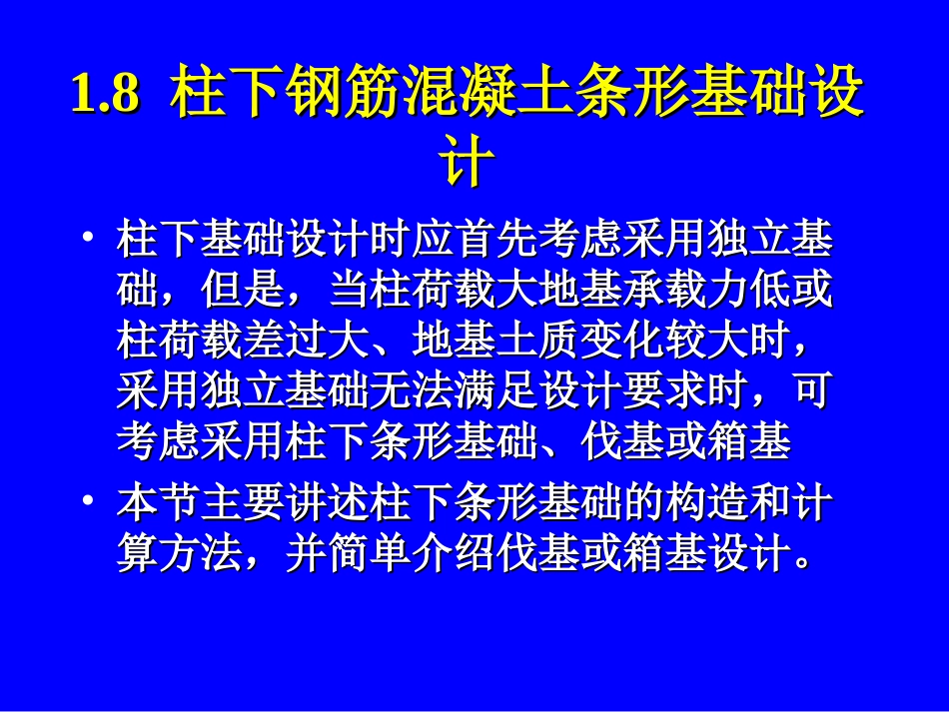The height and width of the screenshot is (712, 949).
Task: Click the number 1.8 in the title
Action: (x=105, y=97)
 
